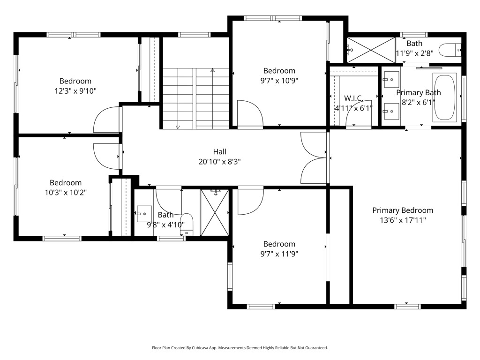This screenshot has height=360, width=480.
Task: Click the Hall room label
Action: point(219,151)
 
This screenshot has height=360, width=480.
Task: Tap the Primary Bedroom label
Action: point(403,210)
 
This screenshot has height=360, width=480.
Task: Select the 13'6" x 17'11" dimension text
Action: point(403,220)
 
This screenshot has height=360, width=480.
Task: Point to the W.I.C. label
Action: point(353,98)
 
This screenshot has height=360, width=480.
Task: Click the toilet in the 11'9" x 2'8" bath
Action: point(450,50)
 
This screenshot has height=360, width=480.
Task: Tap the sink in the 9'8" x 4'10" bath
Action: point(144,214)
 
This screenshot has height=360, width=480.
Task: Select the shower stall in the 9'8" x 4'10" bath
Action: point(215,212)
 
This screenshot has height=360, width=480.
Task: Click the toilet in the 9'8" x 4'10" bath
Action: point(187,224)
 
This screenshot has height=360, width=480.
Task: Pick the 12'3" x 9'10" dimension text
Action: point(75,91)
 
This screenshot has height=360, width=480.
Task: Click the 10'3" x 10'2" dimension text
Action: point(66,193)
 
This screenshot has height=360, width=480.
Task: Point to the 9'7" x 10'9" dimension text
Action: point(279,81)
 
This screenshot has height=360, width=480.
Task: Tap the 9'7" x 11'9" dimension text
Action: point(279,254)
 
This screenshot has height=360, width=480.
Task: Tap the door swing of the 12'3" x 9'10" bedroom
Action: point(98,114)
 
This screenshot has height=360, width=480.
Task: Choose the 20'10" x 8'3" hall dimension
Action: point(219,161)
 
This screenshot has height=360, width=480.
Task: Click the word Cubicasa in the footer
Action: point(200,348)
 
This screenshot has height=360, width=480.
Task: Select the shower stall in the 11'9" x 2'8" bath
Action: point(371,50)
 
